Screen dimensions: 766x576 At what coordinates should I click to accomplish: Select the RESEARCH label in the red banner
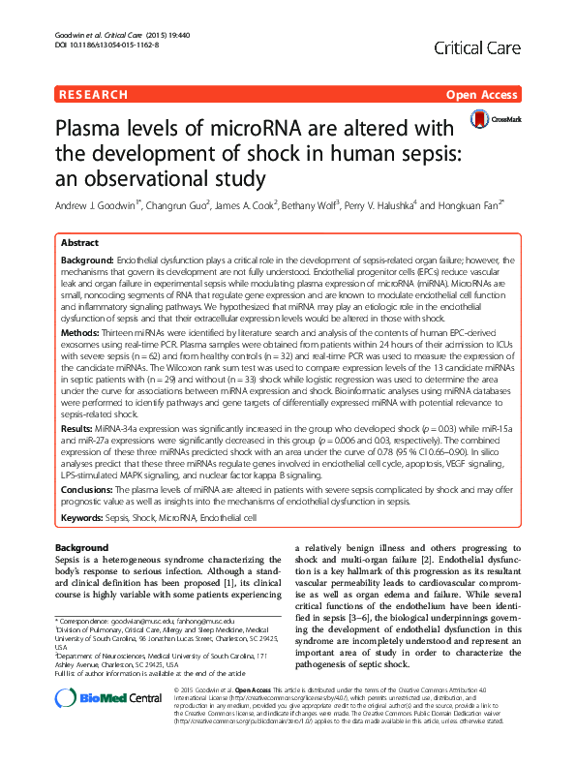pos(93,95)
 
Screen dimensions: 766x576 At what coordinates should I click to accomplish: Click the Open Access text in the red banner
pos(482,95)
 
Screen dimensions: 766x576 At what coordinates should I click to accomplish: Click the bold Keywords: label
pos(83,518)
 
